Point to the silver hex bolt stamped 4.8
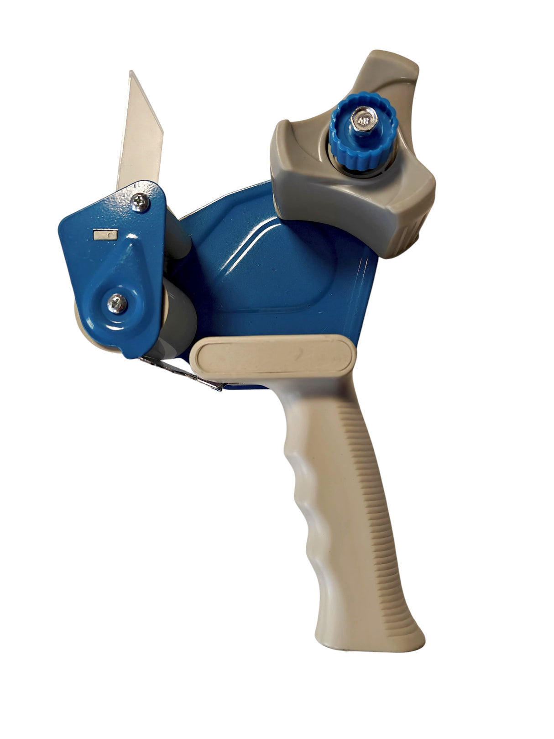[362, 120]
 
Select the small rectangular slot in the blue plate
[105, 235]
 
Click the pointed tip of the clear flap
[131, 73]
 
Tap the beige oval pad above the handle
[272, 357]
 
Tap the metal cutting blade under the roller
[183, 372]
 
